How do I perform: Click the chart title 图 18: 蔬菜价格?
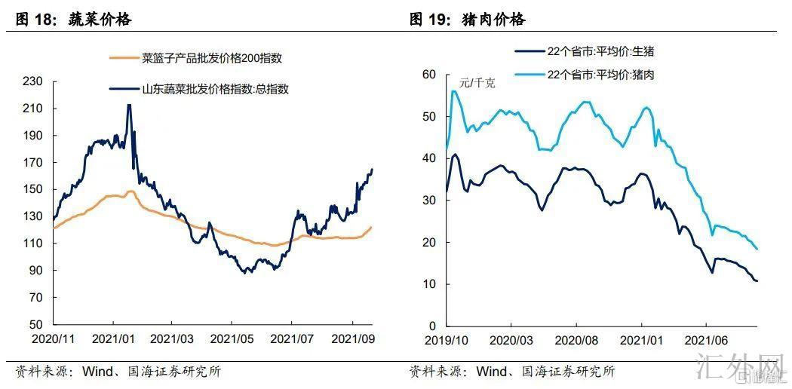[73, 20]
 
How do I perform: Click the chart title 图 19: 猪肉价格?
[467, 20]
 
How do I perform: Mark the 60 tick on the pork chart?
[430, 75]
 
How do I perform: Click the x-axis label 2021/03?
[171, 338]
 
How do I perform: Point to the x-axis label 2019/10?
[447, 338]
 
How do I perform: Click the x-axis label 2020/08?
[576, 338]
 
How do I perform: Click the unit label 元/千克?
[477, 84]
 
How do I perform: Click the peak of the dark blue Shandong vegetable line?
[129, 106]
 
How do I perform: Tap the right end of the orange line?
[371, 227]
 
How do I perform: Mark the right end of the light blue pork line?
[757, 249]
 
